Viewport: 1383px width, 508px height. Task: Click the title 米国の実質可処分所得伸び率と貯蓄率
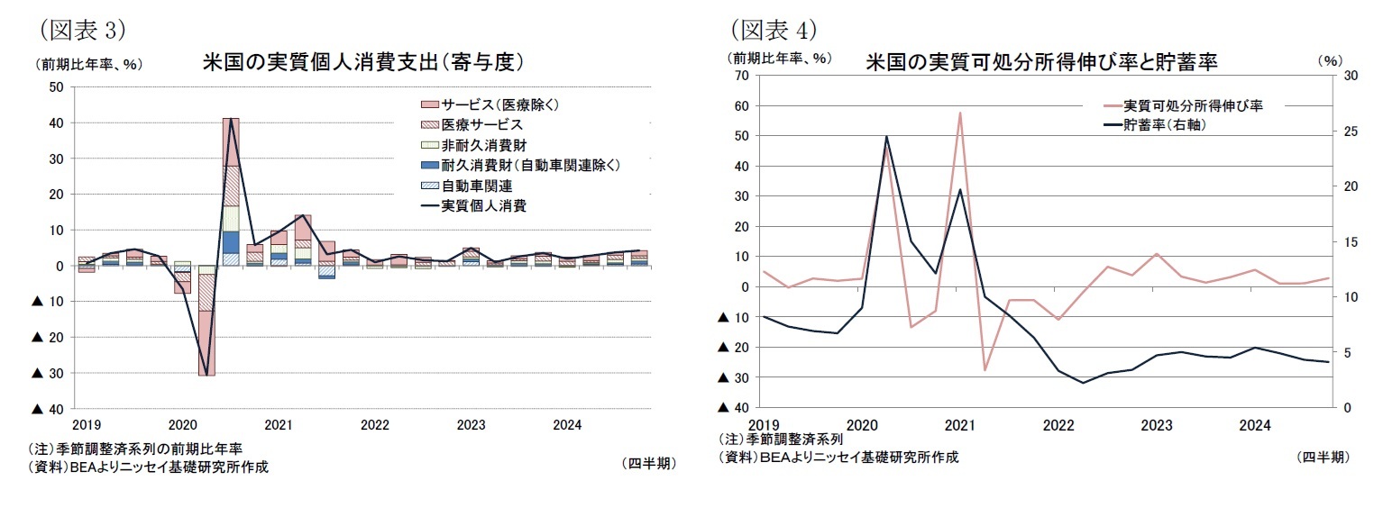[x=1041, y=63]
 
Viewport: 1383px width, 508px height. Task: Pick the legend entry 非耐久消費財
[x=483, y=144]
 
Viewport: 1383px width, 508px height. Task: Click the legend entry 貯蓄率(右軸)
[x=1164, y=125]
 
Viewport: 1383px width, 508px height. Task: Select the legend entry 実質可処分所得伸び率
[x=1192, y=105]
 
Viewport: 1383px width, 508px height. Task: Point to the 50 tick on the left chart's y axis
[x=55, y=87]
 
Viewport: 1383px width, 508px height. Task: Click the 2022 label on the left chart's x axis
[x=374, y=424]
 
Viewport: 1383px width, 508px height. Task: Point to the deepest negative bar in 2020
[x=206, y=342]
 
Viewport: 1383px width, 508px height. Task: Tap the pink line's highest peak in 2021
[x=959, y=113]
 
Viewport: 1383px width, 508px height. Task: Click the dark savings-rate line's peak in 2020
[x=886, y=137]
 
